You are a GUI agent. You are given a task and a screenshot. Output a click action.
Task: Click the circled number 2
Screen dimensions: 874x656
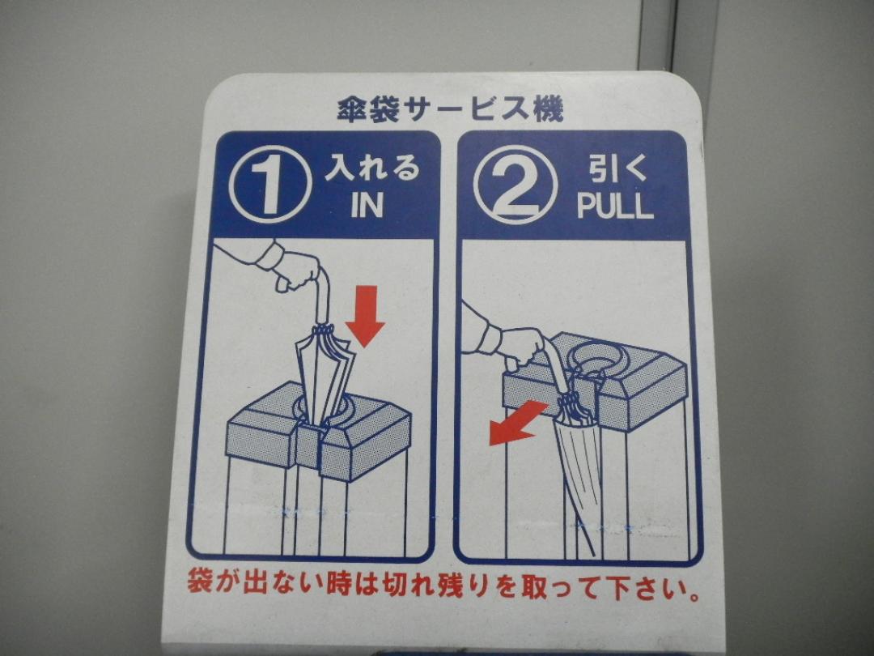515,185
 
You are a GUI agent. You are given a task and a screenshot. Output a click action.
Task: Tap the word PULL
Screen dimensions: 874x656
614,206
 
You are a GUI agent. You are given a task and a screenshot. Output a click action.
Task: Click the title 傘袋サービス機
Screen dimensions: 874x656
451,109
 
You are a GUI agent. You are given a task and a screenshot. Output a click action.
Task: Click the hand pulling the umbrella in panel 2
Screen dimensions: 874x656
521,347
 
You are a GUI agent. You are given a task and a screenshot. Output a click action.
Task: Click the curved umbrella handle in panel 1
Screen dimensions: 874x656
322,296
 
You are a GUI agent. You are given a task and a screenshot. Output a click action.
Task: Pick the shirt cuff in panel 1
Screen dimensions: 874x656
268,256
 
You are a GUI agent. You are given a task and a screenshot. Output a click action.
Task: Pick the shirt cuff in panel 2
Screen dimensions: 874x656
490,339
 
